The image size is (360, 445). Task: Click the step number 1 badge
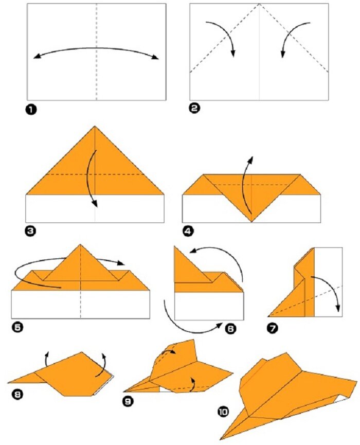[x=31, y=110]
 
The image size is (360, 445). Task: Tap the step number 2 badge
[x=194, y=109]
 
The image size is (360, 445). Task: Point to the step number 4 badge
[x=188, y=232]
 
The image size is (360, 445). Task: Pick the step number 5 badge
[x=17, y=327]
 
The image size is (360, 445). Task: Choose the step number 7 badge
[x=273, y=328]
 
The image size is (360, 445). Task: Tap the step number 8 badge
[x=17, y=394]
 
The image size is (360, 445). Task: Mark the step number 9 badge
[x=128, y=401]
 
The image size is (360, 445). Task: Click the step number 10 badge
[x=223, y=411]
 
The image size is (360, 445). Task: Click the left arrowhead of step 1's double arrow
[x=36, y=57]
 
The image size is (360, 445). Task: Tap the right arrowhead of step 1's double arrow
[x=155, y=58]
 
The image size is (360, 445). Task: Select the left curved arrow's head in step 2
[x=233, y=53]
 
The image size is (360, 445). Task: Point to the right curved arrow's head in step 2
[x=282, y=54]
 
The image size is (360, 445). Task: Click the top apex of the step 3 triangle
[x=95, y=126]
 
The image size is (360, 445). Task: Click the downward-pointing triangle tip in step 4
[x=251, y=221]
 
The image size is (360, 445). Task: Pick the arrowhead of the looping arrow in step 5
[x=121, y=263]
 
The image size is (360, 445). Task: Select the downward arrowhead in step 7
[x=338, y=308]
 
